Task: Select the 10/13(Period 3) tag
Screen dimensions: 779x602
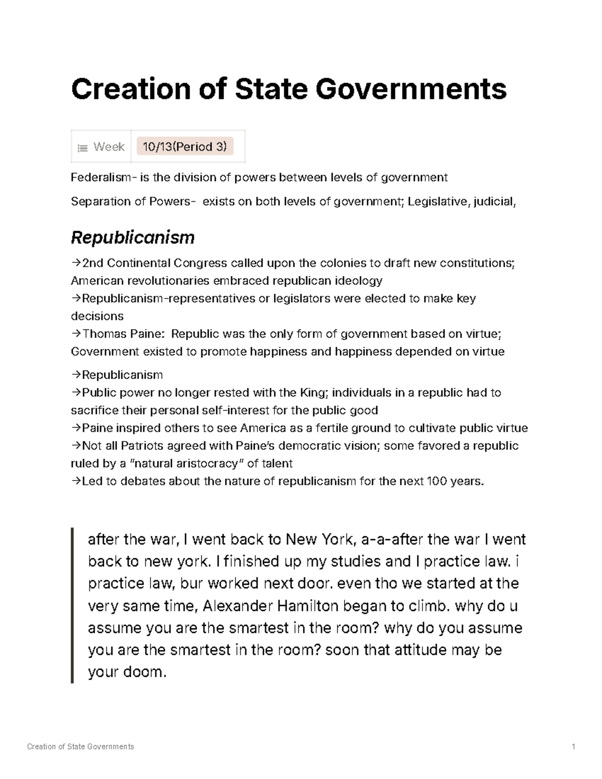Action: tap(185, 146)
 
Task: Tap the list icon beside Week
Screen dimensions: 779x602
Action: tap(82, 148)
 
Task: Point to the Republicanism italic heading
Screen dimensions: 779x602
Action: tap(132, 237)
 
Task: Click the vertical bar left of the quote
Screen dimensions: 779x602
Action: tap(73, 605)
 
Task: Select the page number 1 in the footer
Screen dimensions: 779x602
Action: tap(573, 746)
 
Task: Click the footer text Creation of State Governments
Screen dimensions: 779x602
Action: tap(81, 746)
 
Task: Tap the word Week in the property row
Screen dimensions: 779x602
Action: tap(109, 146)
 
